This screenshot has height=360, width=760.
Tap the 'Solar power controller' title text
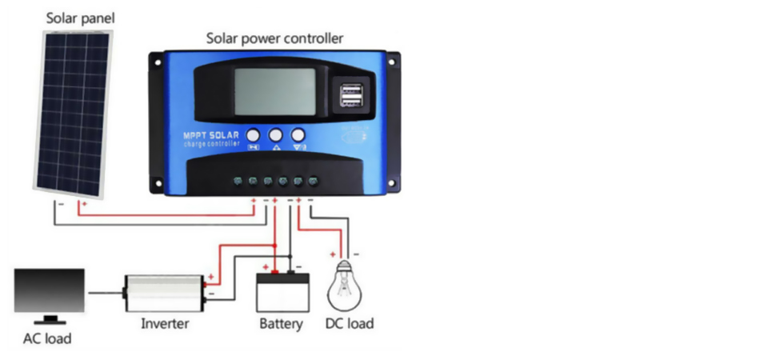tap(274, 38)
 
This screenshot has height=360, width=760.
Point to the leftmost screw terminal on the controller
tap(238, 181)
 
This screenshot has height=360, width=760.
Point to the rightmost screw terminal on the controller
tap(313, 181)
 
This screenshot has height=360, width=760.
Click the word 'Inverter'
tap(165, 323)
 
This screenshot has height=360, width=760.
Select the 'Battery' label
tap(281, 323)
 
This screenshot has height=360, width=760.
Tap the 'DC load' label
tap(349, 323)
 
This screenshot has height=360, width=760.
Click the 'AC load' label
tap(46, 338)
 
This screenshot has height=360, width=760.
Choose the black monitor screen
tap(50, 290)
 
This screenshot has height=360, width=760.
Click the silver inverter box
tap(164, 292)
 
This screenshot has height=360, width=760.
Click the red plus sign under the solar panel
tap(83, 204)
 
